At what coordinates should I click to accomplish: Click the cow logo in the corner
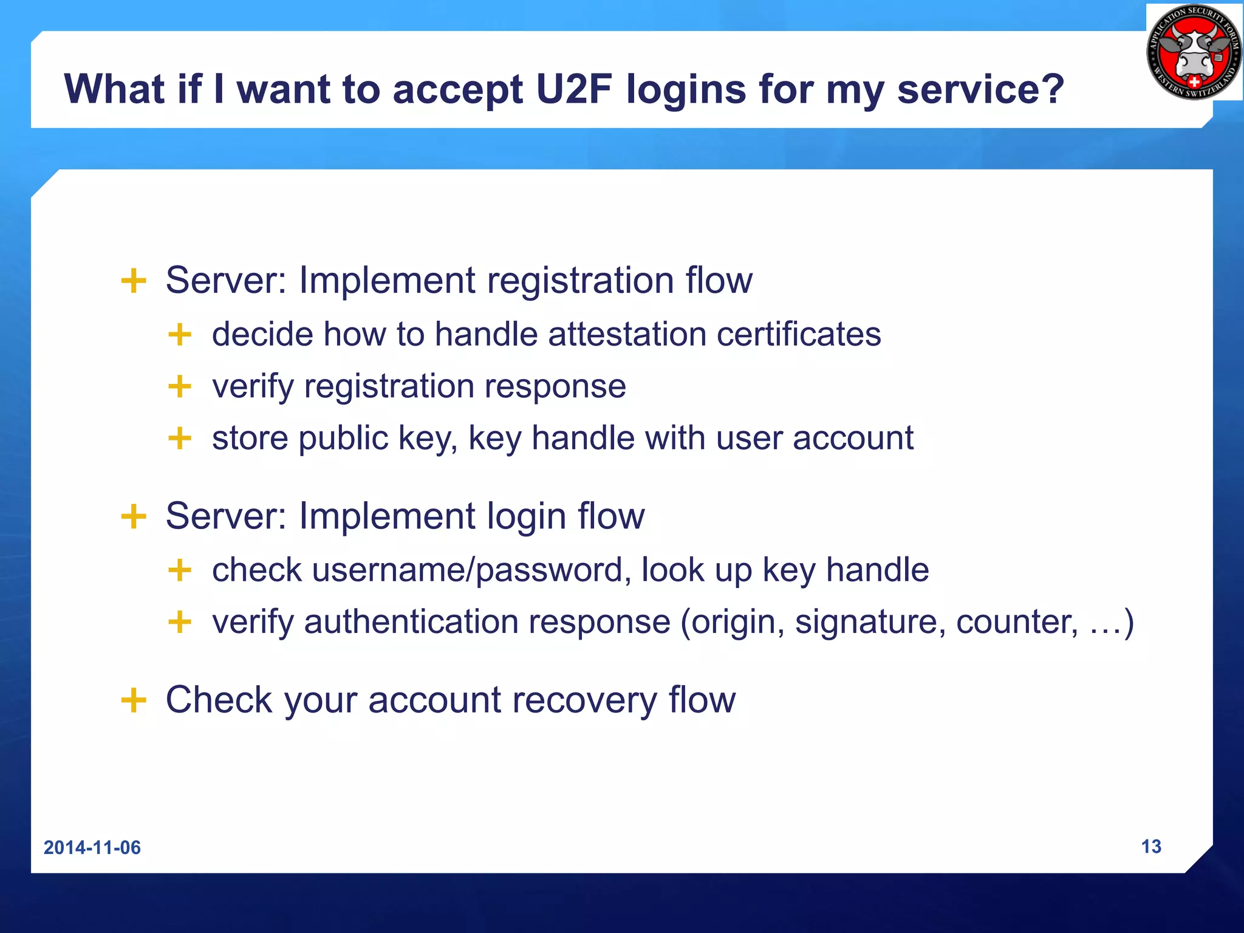(x=1194, y=52)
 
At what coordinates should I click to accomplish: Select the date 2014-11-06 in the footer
(x=92, y=847)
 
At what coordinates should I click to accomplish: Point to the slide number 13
(x=1151, y=846)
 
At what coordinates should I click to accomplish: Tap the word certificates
(x=799, y=335)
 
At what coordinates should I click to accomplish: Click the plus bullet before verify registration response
(x=180, y=386)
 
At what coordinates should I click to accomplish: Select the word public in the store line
(x=343, y=438)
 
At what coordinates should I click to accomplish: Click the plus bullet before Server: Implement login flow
(x=134, y=516)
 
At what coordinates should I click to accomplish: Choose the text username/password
(x=467, y=570)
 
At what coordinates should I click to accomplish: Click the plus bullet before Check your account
(x=134, y=700)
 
